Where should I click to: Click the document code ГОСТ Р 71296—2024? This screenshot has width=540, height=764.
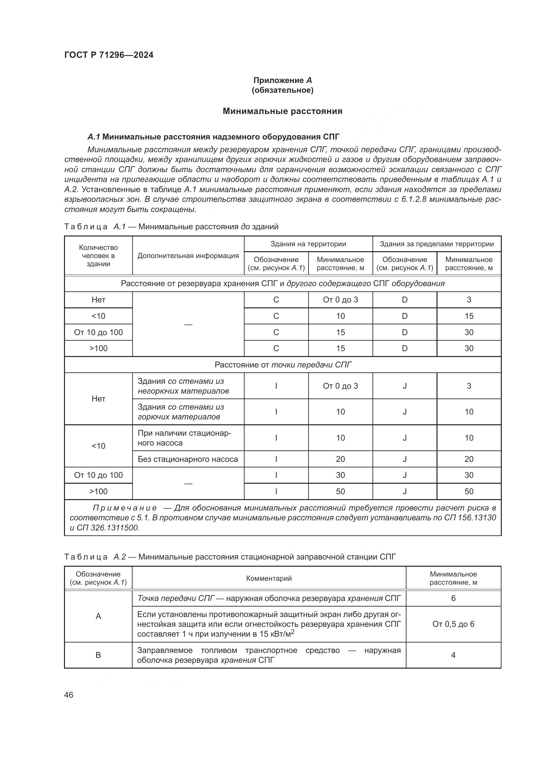(109, 55)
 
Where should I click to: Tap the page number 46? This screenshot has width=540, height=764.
(69, 695)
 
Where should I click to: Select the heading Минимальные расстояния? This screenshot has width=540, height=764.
(282, 111)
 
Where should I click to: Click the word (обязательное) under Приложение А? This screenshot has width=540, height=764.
(282, 90)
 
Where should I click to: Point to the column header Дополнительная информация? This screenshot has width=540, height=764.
(188, 255)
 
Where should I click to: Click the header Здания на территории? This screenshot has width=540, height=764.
(308, 244)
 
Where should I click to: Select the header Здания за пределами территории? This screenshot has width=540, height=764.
(437, 244)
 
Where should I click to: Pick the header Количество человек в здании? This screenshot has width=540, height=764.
(98, 255)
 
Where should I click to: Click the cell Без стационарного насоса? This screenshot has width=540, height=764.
(188, 459)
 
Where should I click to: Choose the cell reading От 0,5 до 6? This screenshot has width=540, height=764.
(453, 624)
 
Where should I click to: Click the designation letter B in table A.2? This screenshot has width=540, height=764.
(98, 655)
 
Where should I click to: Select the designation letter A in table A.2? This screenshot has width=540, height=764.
(98, 616)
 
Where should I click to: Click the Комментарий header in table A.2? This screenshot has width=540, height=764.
(269, 578)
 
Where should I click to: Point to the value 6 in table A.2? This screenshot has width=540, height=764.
(453, 599)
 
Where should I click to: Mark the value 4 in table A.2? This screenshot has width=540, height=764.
(453, 655)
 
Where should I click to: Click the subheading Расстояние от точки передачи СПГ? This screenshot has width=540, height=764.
(283, 365)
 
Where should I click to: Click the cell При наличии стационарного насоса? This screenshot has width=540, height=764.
(184, 438)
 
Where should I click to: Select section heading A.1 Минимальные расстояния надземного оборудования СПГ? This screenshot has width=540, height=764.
(214, 137)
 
